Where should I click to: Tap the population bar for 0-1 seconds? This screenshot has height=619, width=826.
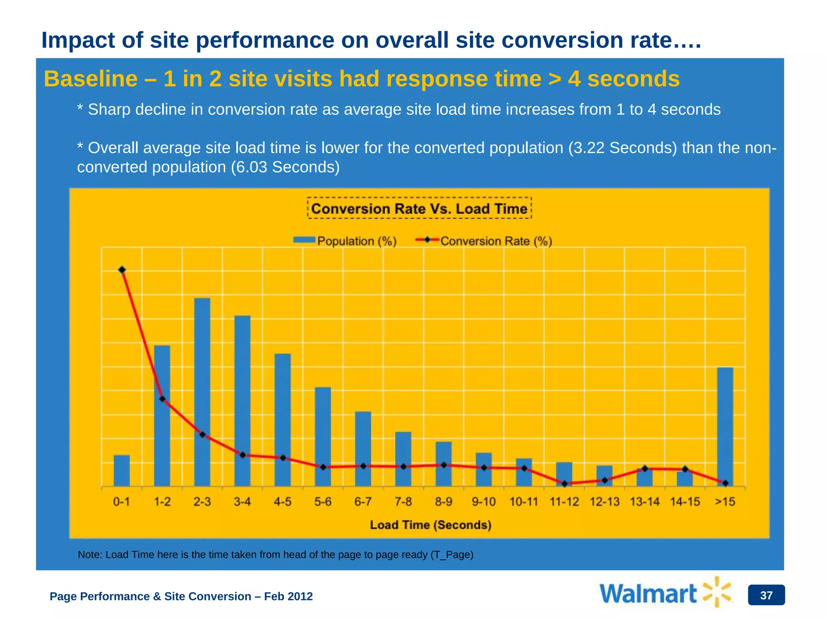point(121,471)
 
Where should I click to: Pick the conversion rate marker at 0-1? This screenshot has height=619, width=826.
point(122,270)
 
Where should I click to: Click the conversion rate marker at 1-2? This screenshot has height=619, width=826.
point(162,399)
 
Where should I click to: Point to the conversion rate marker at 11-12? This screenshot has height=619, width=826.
point(565,484)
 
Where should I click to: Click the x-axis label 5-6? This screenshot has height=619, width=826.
point(323,502)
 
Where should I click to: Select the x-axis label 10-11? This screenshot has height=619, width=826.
point(524,502)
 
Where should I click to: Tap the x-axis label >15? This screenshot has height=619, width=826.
point(725,502)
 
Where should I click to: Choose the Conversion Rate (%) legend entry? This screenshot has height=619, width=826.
point(484,241)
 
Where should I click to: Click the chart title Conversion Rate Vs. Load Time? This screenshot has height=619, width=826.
point(419,209)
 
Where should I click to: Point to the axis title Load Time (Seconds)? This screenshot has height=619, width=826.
point(431,525)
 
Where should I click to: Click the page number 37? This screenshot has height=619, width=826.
point(766,595)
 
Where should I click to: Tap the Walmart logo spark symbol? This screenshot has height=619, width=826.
point(717,592)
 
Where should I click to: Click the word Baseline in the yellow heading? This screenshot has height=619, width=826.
point(90,79)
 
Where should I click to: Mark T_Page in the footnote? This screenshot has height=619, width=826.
point(452,555)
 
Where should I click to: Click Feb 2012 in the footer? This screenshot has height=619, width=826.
point(288,596)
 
